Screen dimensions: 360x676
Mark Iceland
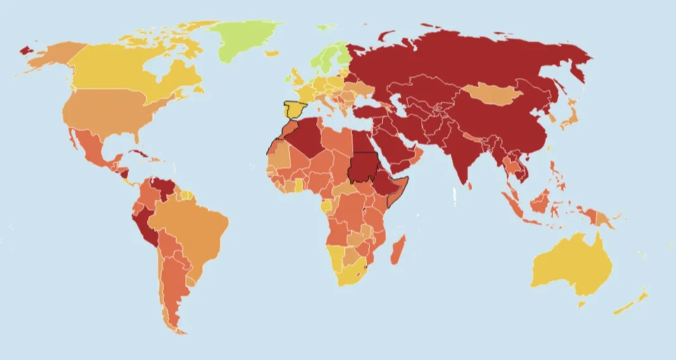coord(272,54)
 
